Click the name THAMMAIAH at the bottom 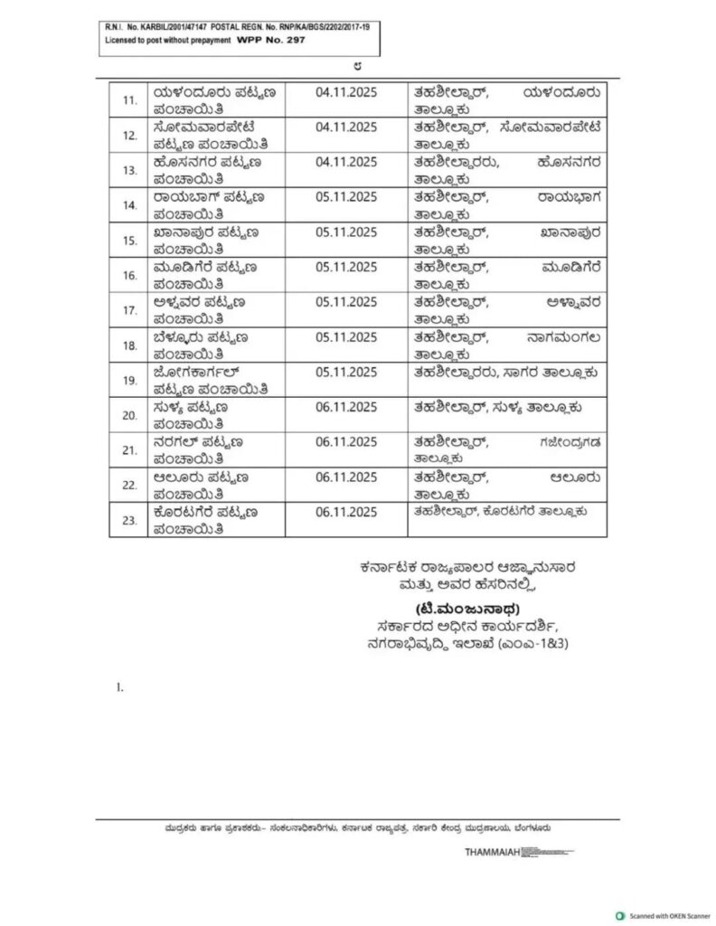(492, 853)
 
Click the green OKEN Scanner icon (620, 914)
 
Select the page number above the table (359, 66)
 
